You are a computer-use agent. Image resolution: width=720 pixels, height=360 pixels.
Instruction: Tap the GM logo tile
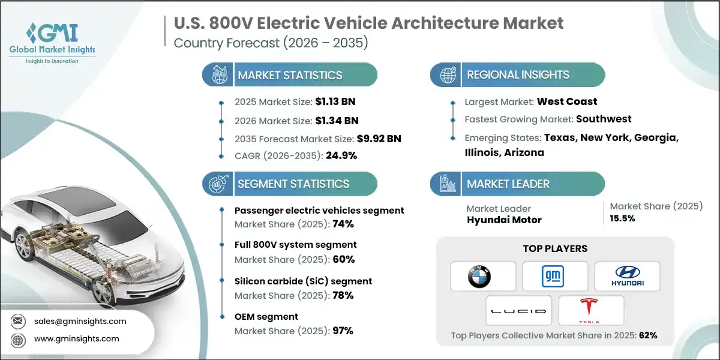pyautogui.click(x=555, y=276)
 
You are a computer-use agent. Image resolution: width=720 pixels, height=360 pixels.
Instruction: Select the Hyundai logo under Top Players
pyautogui.click(x=627, y=276)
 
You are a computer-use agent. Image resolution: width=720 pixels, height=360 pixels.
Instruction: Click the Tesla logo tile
pyautogui.click(x=591, y=311)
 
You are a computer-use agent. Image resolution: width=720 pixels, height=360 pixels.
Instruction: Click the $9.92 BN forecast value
pyautogui.click(x=379, y=139)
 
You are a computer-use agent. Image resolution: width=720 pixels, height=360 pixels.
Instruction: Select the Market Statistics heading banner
pyautogui.click(x=290, y=75)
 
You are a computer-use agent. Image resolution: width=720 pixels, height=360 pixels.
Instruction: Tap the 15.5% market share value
pyautogui.click(x=622, y=218)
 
